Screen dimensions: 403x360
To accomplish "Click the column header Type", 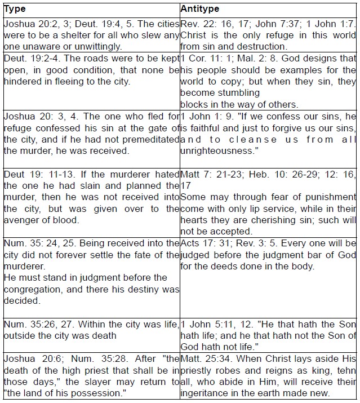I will (x=14, y=10).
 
